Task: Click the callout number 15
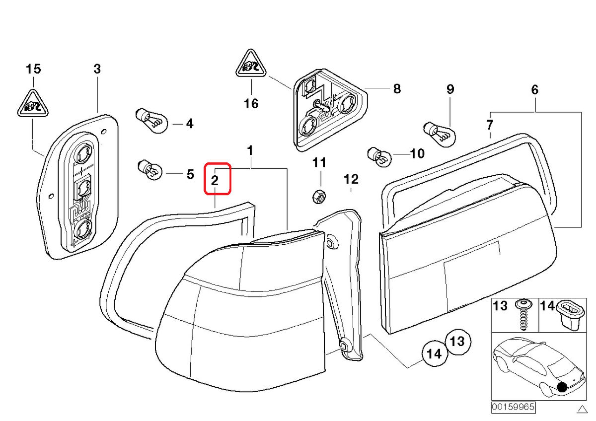(34, 69)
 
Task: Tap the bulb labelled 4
(151, 121)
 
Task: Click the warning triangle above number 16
(251, 64)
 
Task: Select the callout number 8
(396, 89)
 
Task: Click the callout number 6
(534, 90)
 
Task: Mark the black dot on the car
(562, 387)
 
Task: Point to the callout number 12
(351, 179)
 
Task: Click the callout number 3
(97, 69)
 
